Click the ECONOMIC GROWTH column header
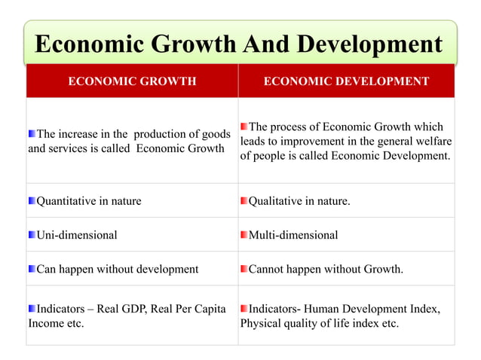(x=132, y=81)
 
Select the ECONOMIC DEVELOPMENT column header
(x=346, y=81)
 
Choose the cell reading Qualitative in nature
(x=299, y=201)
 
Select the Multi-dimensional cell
(x=293, y=235)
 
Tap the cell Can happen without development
(x=118, y=269)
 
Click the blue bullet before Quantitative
(x=32, y=201)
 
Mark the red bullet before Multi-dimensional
(x=244, y=235)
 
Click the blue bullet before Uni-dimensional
(x=32, y=235)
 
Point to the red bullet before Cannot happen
(x=244, y=269)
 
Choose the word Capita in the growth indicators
(x=210, y=309)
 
